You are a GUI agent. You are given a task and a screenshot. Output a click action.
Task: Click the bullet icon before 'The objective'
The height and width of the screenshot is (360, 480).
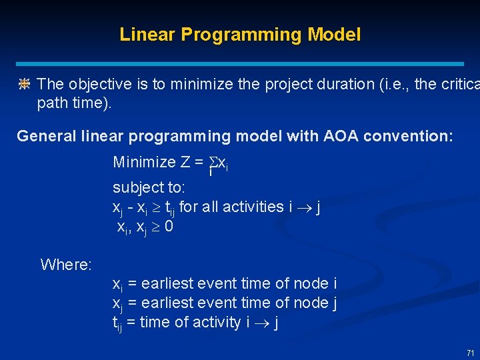(x=24, y=84)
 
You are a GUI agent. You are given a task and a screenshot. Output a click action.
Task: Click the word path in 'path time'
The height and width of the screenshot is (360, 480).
(x=51, y=104)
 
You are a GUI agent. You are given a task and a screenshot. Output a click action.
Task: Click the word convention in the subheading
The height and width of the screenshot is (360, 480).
(x=411, y=137)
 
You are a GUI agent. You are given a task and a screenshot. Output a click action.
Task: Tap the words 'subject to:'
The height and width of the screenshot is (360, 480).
(x=149, y=187)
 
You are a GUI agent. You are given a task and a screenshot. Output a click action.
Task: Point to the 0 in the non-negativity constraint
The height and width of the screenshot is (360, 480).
(x=169, y=227)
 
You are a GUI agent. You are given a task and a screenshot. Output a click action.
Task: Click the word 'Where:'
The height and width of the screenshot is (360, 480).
(x=66, y=265)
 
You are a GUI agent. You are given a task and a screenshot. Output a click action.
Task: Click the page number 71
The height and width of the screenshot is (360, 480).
(x=470, y=353)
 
